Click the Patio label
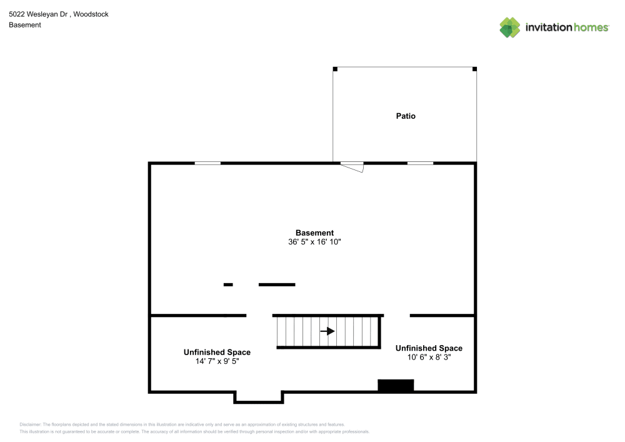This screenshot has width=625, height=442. (406, 116)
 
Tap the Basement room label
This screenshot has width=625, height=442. (314, 233)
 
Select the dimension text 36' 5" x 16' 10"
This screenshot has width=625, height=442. (314, 242)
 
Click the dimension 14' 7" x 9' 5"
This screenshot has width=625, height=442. (217, 361)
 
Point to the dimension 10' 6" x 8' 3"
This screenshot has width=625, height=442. (429, 357)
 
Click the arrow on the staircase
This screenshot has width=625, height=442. (327, 331)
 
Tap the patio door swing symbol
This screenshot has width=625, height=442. (353, 166)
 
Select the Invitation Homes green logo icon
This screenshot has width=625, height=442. (509, 27)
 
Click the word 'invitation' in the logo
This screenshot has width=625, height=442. (548, 28)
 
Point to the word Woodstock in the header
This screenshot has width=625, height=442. (91, 14)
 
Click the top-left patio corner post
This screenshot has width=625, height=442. (335, 69)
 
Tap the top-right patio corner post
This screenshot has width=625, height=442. (474, 69)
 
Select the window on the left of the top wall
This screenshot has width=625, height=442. (207, 163)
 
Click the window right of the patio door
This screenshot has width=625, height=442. (420, 163)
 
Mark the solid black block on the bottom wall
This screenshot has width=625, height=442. (396, 386)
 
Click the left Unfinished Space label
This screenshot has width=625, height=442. (217, 353)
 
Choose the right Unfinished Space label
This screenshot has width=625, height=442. (429, 348)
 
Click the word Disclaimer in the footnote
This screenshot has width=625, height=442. (30, 424)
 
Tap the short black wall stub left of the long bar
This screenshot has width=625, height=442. (228, 285)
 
